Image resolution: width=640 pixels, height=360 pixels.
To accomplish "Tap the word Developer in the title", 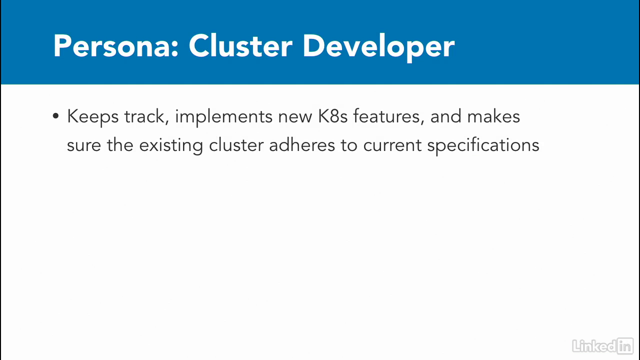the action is click(378, 47).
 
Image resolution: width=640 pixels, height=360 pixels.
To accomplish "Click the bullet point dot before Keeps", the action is click(55, 116).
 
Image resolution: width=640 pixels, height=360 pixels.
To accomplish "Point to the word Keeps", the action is click(92, 117).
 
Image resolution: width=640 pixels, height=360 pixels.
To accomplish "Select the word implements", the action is click(223, 117).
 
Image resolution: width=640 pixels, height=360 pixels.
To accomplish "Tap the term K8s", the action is click(332, 116).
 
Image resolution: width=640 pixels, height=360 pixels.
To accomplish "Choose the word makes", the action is click(493, 116).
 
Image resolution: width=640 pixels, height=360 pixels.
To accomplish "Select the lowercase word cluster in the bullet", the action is click(236, 145).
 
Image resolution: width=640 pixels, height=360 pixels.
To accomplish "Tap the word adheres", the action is click(302, 145).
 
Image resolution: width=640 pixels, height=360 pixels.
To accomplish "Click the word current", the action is click(392, 145).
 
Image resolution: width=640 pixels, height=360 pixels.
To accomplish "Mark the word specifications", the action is click(483, 145).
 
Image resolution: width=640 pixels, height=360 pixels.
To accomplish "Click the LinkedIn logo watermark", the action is click(603, 345).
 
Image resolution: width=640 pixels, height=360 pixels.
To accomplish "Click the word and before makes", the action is click(446, 116).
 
